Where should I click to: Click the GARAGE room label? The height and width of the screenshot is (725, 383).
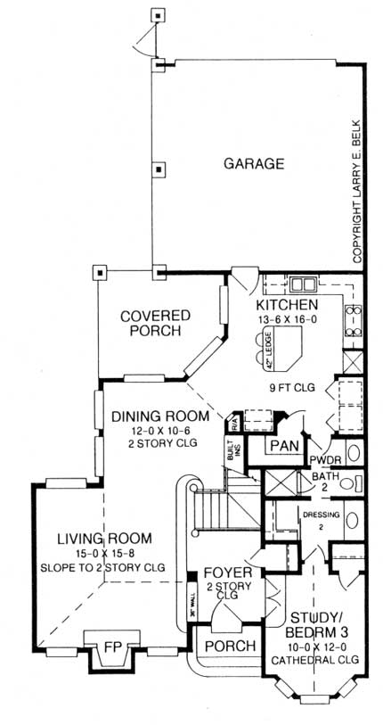pyautogui.click(x=254, y=164)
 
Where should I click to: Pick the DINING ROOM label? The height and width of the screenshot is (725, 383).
pyautogui.click(x=160, y=416)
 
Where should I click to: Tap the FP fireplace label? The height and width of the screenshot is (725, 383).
pyautogui.click(x=112, y=643)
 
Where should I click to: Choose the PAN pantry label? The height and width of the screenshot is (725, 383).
pyautogui.click(x=283, y=444)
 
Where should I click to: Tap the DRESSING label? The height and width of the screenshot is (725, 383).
pyautogui.click(x=316, y=515)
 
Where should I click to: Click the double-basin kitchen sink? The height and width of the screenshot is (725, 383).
pyautogui.click(x=303, y=285)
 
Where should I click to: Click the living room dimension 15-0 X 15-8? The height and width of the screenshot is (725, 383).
pyautogui.click(x=103, y=553)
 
